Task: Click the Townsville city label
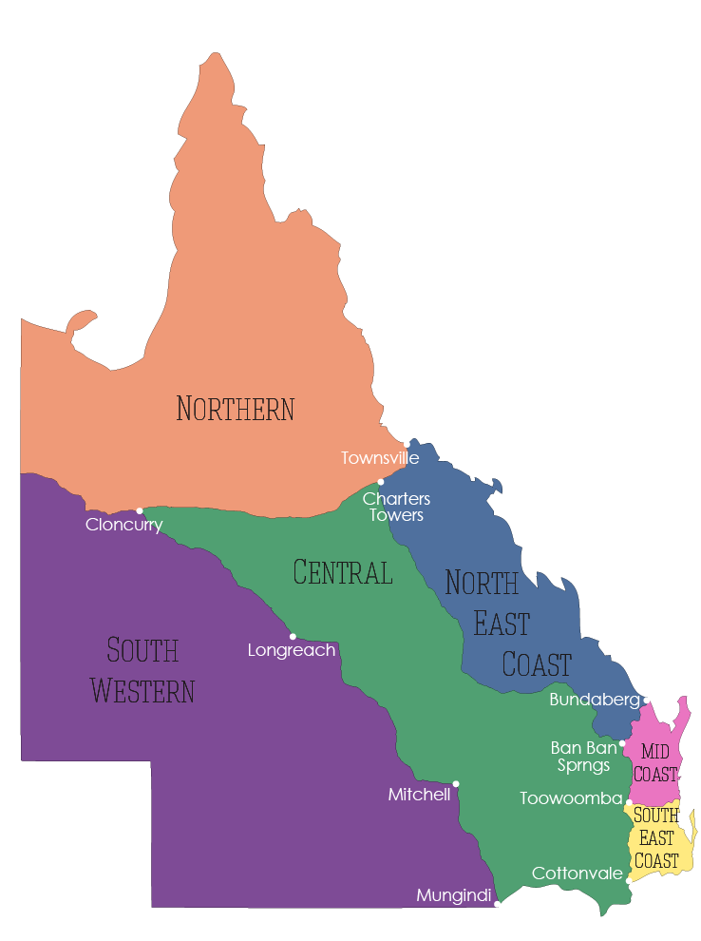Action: pos(380,458)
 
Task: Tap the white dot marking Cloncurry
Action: pos(140,510)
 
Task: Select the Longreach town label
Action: pos(291,651)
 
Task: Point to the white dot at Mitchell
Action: pos(456,784)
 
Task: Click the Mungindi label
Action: pos(454,895)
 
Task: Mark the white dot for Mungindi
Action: pos(497,904)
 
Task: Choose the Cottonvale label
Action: pos(578,874)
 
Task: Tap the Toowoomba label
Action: pos(571,799)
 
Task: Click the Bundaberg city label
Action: pos(595,701)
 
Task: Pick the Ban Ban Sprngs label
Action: pos(583,757)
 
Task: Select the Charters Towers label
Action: pos(396,507)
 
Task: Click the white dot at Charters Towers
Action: pos(381,482)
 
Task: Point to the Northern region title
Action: pos(236,409)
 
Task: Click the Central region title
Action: pos(343,573)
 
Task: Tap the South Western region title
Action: pos(143,671)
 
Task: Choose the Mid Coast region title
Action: pos(655,762)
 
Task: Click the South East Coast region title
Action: pos(656,838)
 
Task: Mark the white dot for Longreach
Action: pos(293,636)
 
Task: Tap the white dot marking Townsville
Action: pos(407,444)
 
